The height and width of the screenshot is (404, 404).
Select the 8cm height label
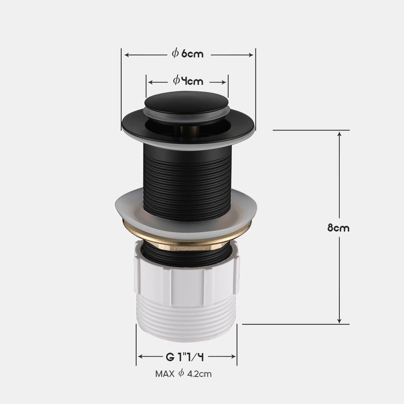tap(338, 227)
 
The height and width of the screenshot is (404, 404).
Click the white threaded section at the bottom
tap(187, 316)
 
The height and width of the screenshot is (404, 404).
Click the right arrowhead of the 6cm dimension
tap(252, 54)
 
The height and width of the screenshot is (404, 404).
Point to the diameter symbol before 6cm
tap(175, 53)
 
